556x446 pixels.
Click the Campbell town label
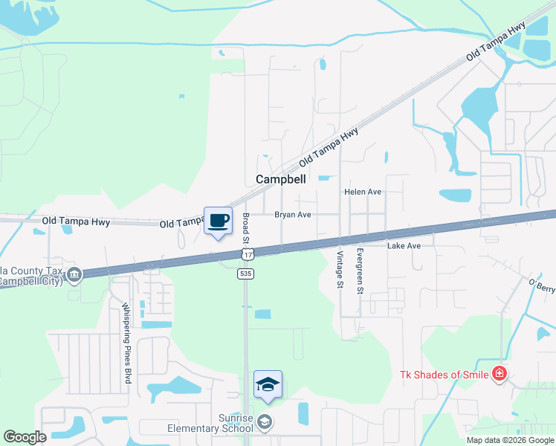282,179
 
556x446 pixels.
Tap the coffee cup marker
218,221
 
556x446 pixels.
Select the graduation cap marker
268,384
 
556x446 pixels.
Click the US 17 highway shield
245,255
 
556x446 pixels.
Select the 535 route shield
245,274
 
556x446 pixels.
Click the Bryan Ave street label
292,215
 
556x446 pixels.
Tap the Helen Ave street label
363,192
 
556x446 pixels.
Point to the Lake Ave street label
404,245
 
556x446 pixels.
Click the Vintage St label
340,269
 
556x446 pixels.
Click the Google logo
25,436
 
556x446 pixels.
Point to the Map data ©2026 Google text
510,440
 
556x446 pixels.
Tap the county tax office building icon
74,276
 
